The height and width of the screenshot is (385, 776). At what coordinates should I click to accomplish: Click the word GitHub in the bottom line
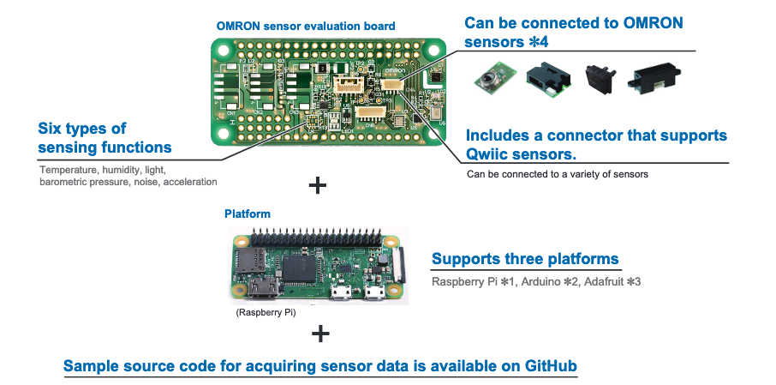(550, 366)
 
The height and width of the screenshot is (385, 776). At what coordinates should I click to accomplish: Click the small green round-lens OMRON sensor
(488, 77)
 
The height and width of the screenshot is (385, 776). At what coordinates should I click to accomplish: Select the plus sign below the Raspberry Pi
(318, 333)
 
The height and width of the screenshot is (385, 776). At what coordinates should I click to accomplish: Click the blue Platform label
(248, 213)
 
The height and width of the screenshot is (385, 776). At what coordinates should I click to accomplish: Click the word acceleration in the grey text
(190, 182)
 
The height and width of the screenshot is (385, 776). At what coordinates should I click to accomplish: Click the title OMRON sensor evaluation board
(306, 27)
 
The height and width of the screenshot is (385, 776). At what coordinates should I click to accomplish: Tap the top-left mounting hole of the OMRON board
(224, 50)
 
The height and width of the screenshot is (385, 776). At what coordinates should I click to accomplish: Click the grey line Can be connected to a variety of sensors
(558, 174)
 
